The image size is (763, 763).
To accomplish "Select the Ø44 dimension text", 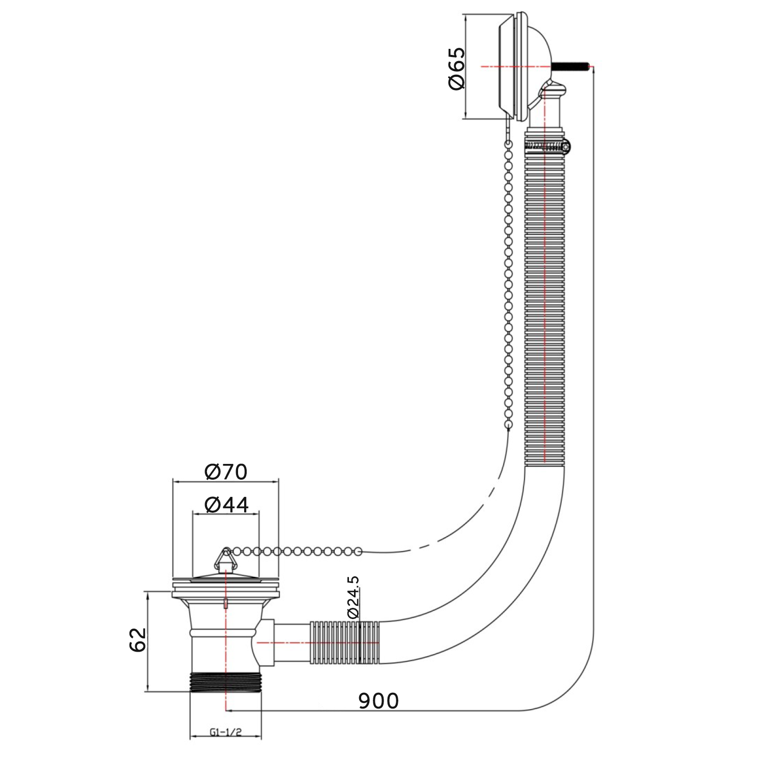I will pyautogui.click(x=226, y=505).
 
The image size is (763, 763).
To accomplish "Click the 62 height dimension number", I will pyautogui.click(x=138, y=640).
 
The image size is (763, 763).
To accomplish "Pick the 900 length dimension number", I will pyautogui.click(x=378, y=701).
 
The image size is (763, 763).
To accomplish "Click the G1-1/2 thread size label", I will pyautogui.click(x=225, y=732).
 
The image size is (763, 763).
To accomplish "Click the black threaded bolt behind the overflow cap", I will pyautogui.click(x=570, y=66).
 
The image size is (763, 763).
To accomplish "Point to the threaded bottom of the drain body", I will pyautogui.click(x=225, y=682).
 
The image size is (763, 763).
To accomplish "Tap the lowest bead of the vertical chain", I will pyautogui.click(x=508, y=424).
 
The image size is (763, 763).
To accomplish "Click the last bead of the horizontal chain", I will pyautogui.click(x=358, y=551).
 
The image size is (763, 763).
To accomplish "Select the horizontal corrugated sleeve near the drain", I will pyautogui.click(x=345, y=642).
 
